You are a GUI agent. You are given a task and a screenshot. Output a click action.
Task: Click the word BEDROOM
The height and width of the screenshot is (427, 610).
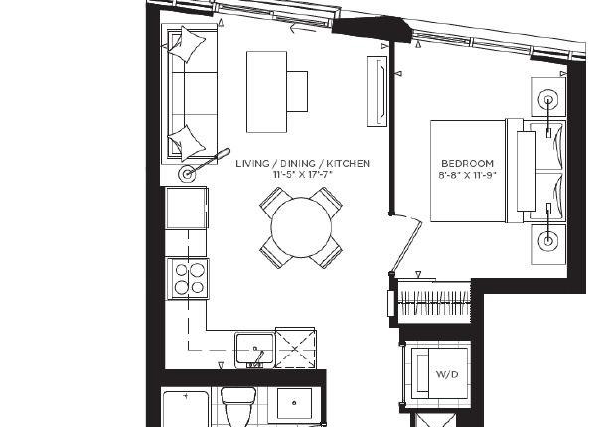tap(467, 163)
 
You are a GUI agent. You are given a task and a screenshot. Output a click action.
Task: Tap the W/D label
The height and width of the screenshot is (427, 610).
tap(447, 374)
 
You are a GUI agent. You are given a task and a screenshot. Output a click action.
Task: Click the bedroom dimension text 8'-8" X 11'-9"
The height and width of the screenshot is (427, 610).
tap(467, 175)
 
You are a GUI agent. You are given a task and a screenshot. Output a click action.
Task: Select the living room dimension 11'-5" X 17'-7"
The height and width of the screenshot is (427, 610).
tap(303, 175)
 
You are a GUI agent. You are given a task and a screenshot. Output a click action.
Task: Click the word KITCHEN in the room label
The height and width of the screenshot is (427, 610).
tap(348, 163)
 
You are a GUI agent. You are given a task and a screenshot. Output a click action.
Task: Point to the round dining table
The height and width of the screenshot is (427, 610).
tap(301, 227)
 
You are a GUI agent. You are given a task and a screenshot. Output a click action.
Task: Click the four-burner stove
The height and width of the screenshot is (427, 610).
tap(188, 279)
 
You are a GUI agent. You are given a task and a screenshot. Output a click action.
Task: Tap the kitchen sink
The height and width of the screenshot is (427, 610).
tap(254, 350)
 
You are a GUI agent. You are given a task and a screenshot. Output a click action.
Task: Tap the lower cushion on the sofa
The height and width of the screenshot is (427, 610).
tap(187, 142)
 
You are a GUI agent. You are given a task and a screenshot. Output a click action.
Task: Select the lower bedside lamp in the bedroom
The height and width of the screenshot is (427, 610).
tap(548, 241)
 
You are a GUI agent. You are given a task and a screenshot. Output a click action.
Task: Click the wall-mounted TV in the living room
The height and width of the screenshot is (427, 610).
tap(377, 91)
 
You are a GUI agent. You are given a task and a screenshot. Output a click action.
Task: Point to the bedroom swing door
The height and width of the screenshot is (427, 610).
tap(405, 243)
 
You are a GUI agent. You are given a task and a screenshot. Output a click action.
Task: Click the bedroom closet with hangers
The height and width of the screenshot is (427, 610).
tap(434, 302)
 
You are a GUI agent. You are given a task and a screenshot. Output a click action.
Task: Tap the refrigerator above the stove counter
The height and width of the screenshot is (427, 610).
tap(187, 209)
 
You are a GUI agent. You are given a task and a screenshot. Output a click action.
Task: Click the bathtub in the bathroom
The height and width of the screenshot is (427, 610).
tap(186, 409)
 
